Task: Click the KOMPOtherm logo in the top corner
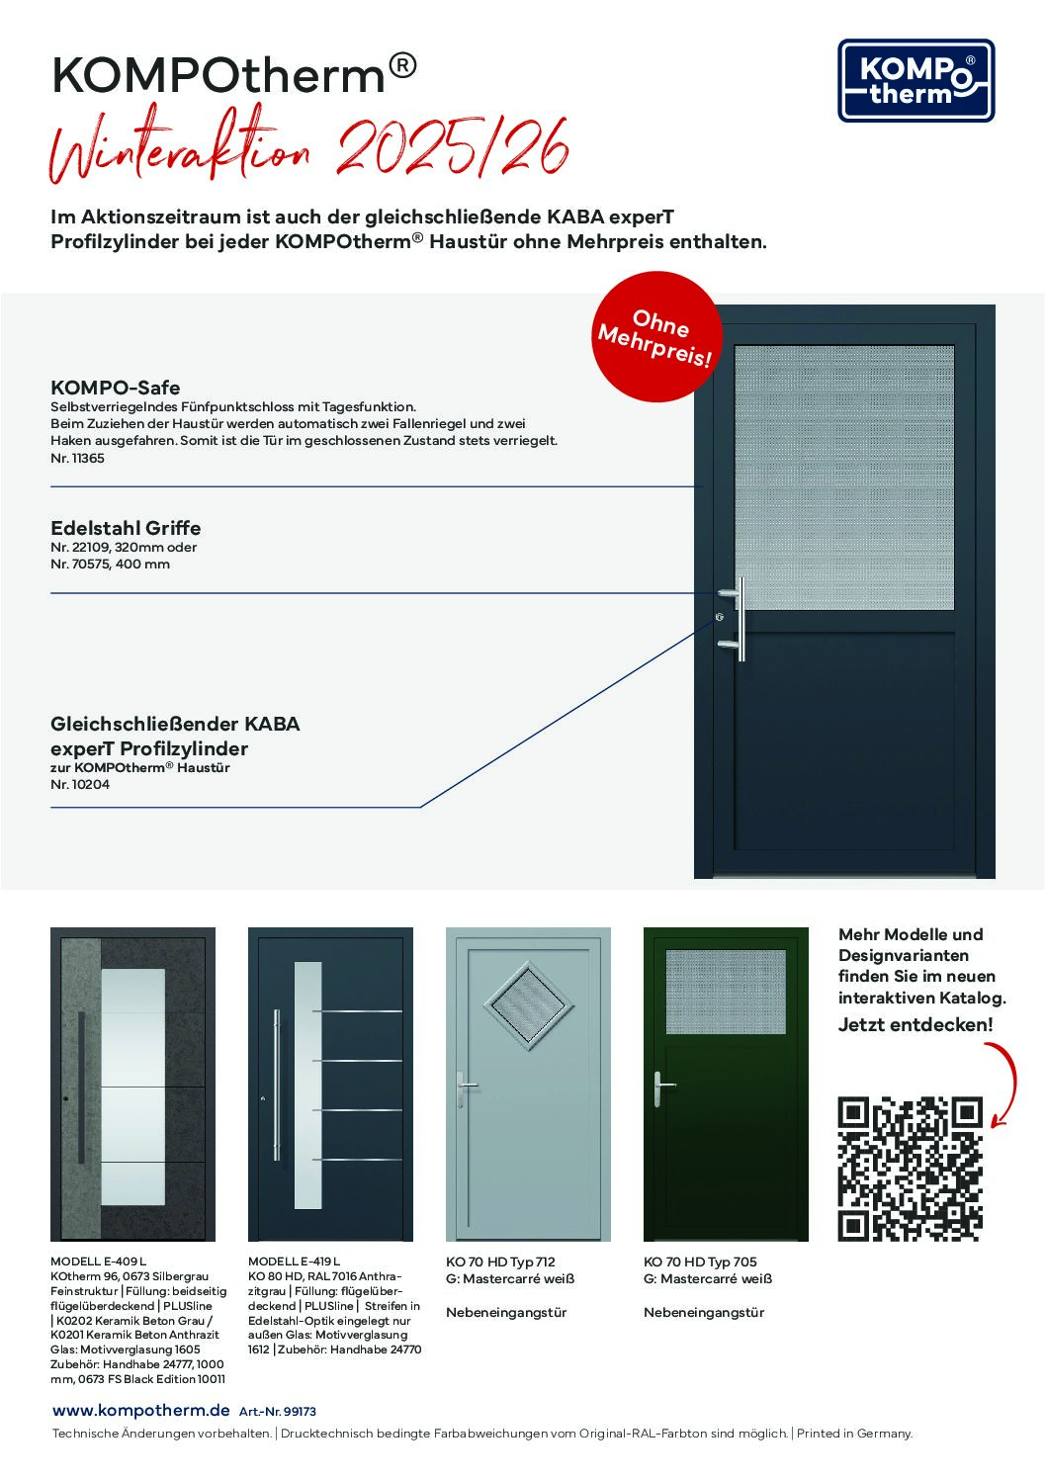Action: (915, 81)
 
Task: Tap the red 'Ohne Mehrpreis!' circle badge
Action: (656, 336)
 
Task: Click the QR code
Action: (911, 1168)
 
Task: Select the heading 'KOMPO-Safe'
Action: (116, 388)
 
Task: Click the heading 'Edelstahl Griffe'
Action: (126, 528)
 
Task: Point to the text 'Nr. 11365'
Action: (77, 458)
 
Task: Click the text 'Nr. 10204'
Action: (80, 784)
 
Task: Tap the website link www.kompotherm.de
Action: (141, 1411)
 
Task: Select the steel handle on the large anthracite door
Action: (740, 619)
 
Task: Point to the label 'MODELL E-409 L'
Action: (98, 1262)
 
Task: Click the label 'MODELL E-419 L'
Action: (294, 1262)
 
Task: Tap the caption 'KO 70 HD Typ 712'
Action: (500, 1262)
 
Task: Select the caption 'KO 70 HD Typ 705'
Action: (700, 1262)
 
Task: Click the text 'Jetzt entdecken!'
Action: (915, 1024)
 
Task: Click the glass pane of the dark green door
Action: (726, 992)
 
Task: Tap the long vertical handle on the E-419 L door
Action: (277, 1085)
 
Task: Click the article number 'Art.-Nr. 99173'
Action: (278, 1412)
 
